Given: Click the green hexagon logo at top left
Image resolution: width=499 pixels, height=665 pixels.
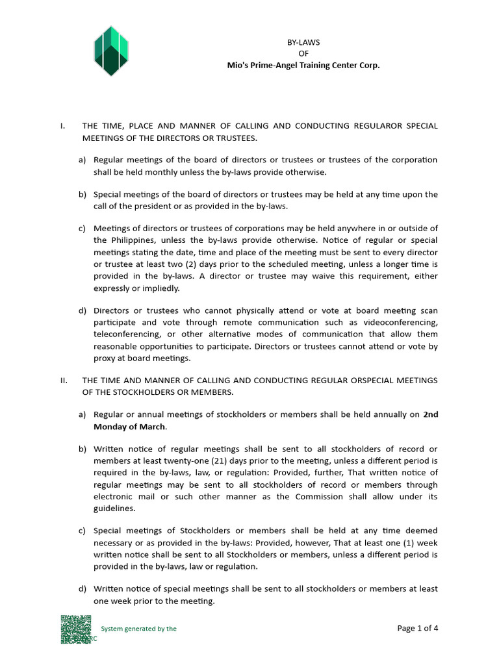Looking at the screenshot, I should [x=111, y=51].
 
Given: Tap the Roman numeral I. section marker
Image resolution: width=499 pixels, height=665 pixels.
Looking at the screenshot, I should [x=62, y=125].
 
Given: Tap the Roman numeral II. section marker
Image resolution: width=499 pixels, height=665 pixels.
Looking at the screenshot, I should [x=64, y=380].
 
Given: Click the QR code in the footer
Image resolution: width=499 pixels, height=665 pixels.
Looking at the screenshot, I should [x=75, y=629].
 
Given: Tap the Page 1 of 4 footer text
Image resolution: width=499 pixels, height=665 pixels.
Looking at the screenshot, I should [x=418, y=628].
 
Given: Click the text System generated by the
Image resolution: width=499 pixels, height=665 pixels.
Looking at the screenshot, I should [x=138, y=629].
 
